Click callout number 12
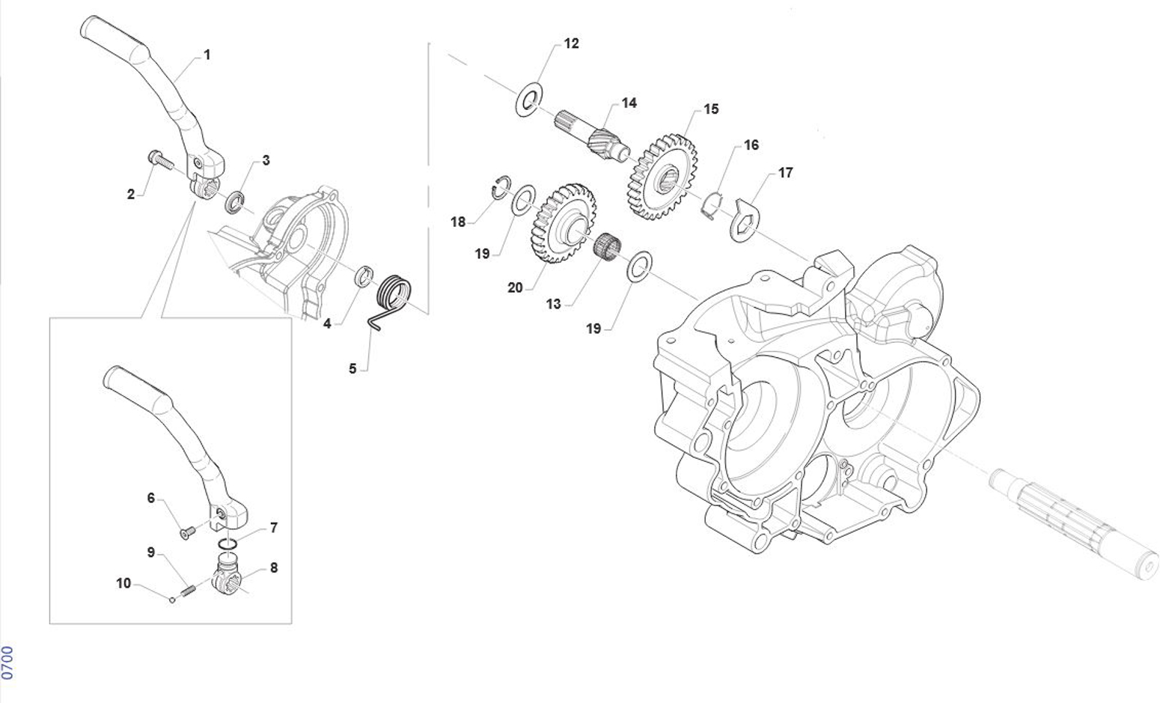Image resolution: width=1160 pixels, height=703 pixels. (571, 43)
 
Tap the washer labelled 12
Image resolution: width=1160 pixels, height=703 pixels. (529, 100)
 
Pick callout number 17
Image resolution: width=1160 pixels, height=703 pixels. (785, 173)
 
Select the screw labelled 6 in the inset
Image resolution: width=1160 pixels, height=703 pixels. (186, 532)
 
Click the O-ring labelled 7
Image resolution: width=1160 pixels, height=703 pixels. (229, 542)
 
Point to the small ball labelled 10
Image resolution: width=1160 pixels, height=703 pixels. (172, 597)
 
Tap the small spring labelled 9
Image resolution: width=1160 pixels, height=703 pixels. (188, 590)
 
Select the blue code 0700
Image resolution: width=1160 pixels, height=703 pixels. (7, 663)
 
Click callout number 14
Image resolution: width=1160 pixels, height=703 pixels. (629, 103)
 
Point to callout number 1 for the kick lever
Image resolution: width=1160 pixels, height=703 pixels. (207, 55)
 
